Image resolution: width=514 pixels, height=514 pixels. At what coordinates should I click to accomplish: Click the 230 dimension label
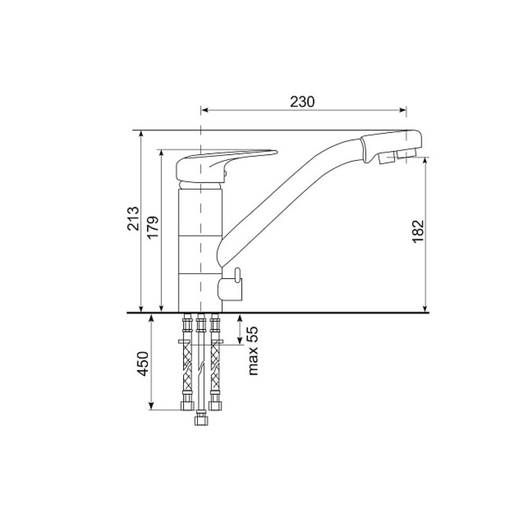tap(302, 102)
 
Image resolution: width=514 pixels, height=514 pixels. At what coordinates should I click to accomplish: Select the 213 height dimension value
tap(133, 218)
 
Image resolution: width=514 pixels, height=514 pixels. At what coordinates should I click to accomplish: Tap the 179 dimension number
tap(153, 227)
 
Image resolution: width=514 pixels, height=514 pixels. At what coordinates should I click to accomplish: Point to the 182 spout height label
tap(418, 231)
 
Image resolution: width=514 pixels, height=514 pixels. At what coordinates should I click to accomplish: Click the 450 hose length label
tap(143, 364)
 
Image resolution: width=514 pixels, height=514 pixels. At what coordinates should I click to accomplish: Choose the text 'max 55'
tap(253, 351)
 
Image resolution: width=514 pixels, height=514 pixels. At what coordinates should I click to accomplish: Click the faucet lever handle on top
tap(226, 163)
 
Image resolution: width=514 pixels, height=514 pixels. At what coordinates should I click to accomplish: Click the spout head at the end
tap(390, 146)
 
